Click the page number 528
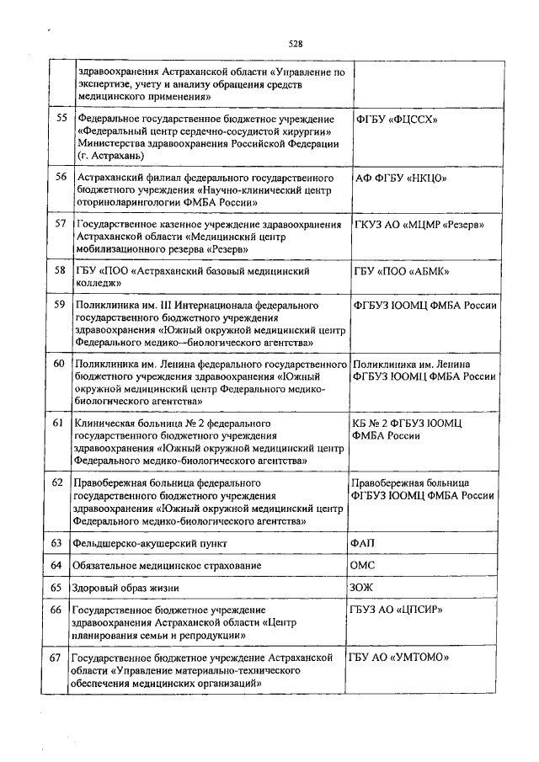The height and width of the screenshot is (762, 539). tap(295, 44)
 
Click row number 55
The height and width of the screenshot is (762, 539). tap(61, 119)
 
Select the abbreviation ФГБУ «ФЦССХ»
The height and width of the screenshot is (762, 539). tap(398, 120)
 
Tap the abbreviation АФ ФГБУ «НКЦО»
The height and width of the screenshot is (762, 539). tap(400, 179)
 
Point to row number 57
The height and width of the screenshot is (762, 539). tap(61, 224)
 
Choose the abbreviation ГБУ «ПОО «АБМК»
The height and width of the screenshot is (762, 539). tap(401, 272)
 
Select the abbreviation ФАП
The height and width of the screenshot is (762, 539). tap(364, 544)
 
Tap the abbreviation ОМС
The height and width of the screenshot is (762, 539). tap(364, 565)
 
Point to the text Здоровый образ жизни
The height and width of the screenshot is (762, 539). tap(127, 586)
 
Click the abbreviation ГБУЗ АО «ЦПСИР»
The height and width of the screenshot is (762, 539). tap(396, 609)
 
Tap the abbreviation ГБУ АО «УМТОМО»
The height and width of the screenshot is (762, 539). tap(398, 656)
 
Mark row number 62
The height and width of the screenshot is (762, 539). tap(57, 483)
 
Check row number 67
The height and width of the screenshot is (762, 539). tap(57, 656)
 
